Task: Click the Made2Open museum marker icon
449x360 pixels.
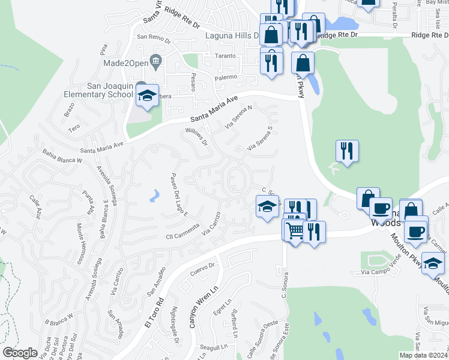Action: point(156,60)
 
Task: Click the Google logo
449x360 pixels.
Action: point(20,353)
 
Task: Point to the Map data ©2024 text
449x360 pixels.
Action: point(424,355)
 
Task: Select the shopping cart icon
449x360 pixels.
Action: point(294,230)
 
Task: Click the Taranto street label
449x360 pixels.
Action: point(226,56)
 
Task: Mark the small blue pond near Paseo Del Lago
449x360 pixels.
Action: point(155,194)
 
